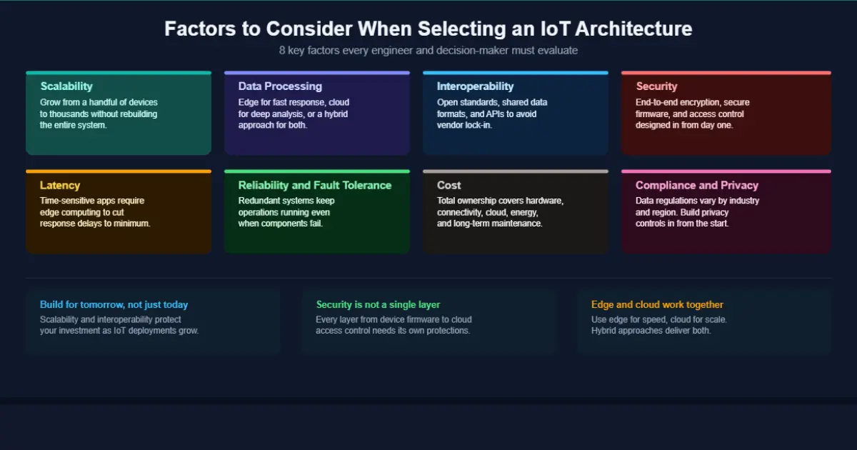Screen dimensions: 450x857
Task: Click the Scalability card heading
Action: click(x=66, y=86)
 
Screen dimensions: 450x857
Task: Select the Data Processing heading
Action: click(x=280, y=86)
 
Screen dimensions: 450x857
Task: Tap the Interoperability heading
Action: click(x=475, y=86)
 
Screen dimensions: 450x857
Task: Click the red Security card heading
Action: click(x=656, y=86)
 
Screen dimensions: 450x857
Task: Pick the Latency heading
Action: click(x=60, y=185)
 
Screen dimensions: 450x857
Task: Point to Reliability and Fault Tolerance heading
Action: click(x=315, y=185)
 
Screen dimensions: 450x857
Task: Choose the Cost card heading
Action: click(x=449, y=185)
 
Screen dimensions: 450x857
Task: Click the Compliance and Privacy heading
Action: click(x=697, y=185)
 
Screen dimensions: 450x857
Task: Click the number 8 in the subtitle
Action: click(x=283, y=51)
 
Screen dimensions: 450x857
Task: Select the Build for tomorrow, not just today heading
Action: click(x=114, y=305)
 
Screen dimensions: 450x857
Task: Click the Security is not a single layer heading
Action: click(x=379, y=305)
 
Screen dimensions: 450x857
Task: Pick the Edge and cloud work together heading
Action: click(x=657, y=305)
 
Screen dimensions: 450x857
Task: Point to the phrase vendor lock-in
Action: click(x=464, y=125)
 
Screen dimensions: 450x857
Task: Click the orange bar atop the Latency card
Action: click(x=119, y=171)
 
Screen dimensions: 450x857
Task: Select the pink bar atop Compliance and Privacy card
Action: click(x=726, y=171)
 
